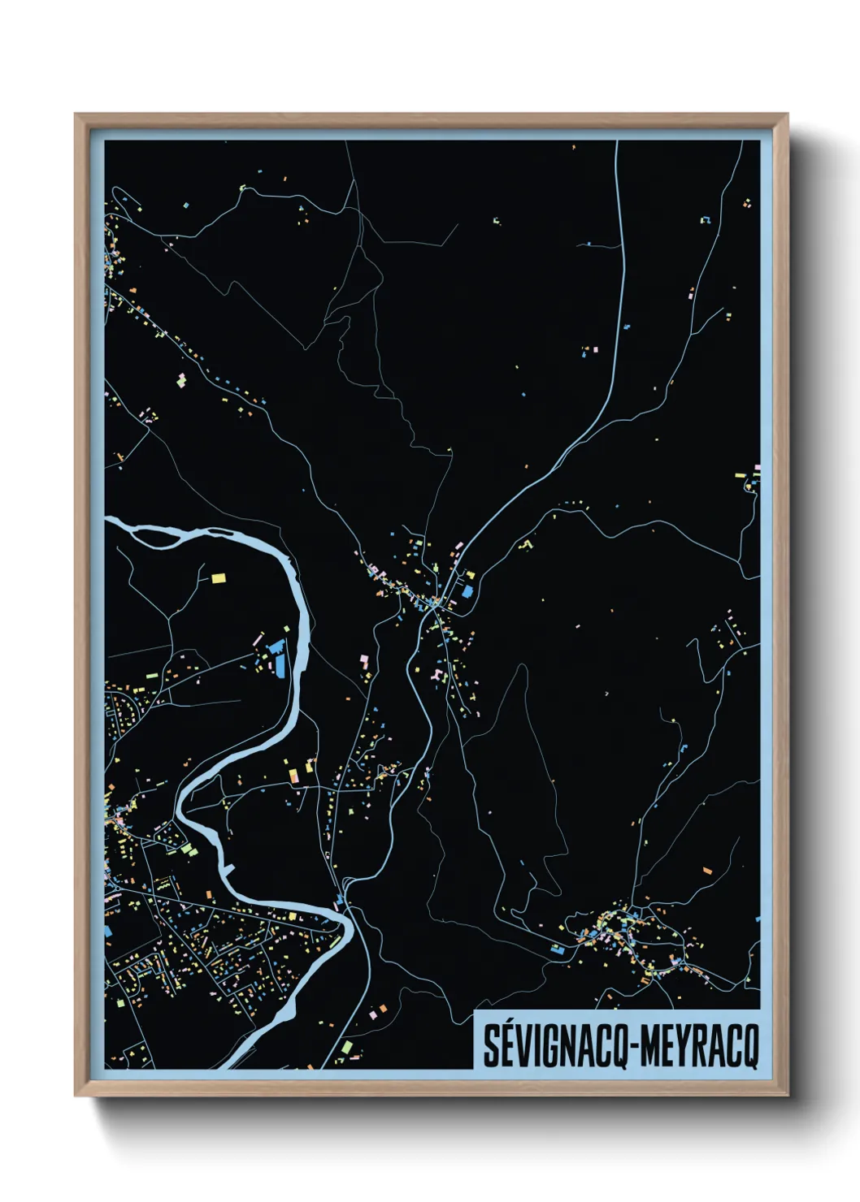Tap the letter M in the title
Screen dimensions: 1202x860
(650, 1046)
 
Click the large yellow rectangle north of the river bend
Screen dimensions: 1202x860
(218, 578)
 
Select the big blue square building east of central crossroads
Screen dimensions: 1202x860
(467, 591)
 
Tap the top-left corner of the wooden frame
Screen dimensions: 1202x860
(76, 115)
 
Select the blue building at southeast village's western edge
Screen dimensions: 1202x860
(558, 948)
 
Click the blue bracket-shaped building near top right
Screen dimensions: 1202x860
(705, 219)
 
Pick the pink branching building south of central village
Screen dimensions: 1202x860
(439, 675)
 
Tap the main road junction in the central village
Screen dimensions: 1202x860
(436, 602)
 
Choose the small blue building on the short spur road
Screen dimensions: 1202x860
(627, 326)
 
